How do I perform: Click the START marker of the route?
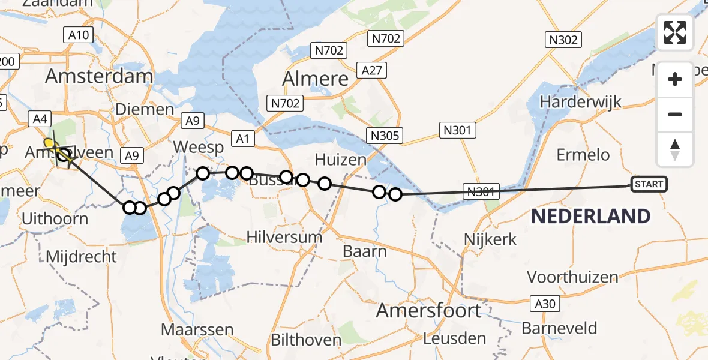649,184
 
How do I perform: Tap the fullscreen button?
675,32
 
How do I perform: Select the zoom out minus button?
675,114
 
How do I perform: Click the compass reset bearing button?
675,149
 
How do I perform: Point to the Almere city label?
315,79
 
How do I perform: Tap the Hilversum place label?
284,237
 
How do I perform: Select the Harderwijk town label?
580,101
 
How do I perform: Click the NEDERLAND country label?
590,217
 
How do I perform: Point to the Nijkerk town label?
490,240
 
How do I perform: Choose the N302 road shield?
563,40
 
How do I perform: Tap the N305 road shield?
385,136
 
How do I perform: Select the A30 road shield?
545,304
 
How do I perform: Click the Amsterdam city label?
99,76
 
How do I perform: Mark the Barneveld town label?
559,328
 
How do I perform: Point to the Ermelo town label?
583,155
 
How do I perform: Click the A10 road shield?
79,35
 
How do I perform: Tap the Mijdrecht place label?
82,257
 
